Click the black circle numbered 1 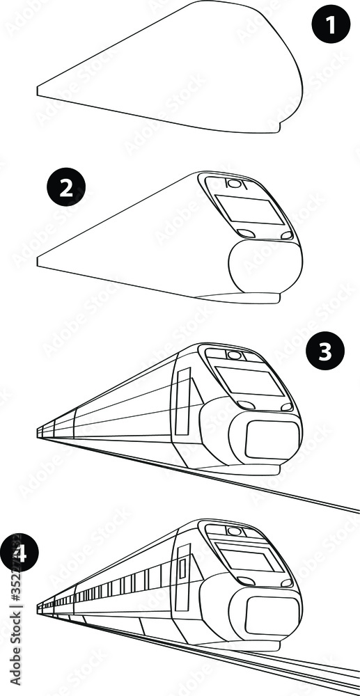329,26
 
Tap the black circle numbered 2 65,189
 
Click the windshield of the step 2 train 249,209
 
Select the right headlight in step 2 285,235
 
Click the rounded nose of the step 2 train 265,268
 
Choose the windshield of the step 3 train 250,381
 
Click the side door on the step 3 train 183,401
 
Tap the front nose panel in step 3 272,440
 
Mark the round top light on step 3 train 235,355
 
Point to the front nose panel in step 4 272,615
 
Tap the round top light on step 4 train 235,531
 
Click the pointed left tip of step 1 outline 38,91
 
